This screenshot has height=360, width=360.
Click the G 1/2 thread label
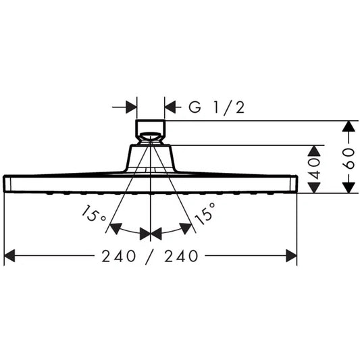[x=217, y=107]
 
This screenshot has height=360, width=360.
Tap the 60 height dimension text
[x=349, y=159]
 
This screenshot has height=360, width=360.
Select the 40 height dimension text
[x=314, y=169]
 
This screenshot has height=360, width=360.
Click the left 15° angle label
[x=93, y=214]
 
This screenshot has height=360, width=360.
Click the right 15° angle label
[x=205, y=213]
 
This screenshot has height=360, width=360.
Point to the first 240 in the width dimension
[x=118, y=256]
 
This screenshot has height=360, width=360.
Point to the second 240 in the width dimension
[x=181, y=256]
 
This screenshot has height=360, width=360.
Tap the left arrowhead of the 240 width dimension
[x=9, y=256]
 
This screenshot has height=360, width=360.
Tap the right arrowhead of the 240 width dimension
[x=291, y=256]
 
